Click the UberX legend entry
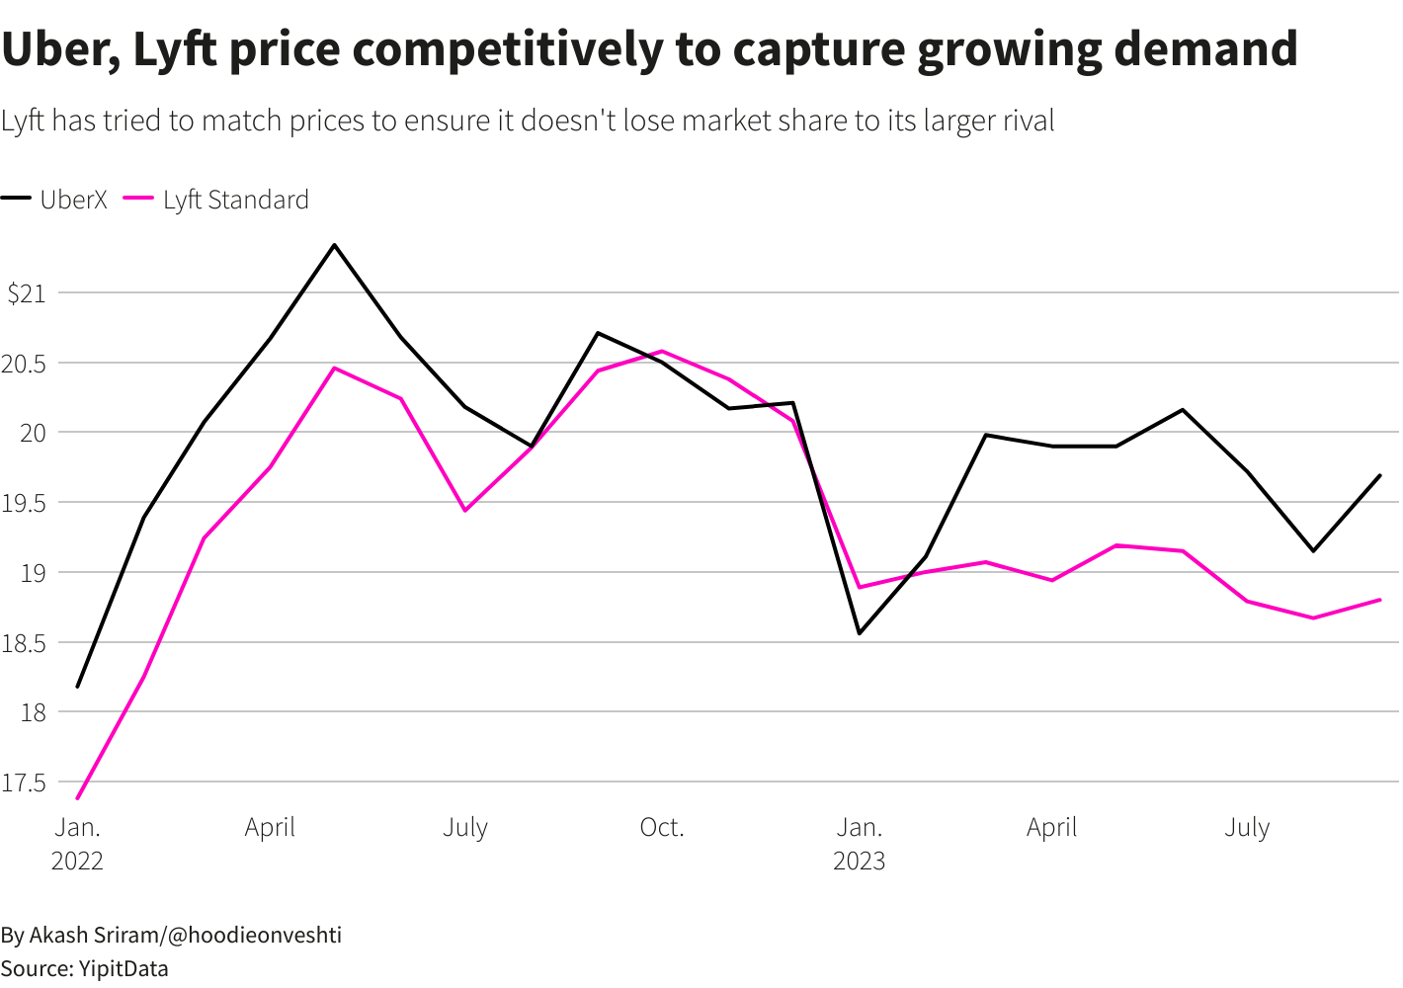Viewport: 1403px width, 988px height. pyautogui.click(x=54, y=200)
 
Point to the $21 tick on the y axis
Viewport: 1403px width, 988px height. pyautogui.click(x=27, y=293)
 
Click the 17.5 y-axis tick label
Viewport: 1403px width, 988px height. pyautogui.click(x=24, y=783)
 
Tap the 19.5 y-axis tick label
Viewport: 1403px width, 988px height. pyautogui.click(x=24, y=503)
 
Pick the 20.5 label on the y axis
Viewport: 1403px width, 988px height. pyautogui.click(x=24, y=364)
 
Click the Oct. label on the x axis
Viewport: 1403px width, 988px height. pyautogui.click(x=661, y=828)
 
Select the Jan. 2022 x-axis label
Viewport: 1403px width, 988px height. pyautogui.click(x=77, y=843)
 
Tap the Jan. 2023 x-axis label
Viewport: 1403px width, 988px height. pyautogui.click(x=859, y=843)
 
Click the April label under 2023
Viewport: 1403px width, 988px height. pyautogui.click(x=1051, y=828)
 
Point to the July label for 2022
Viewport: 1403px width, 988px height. pyautogui.click(x=465, y=828)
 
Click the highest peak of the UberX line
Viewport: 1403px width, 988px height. pyautogui.click(x=334, y=245)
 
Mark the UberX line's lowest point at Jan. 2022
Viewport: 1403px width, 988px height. pyautogui.click(x=78, y=686)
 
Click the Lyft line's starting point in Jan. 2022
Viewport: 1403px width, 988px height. pyautogui.click(x=78, y=797)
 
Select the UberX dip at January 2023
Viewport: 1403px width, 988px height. pyautogui.click(x=860, y=632)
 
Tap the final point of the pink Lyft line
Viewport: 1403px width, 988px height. pyautogui.click(x=1379, y=600)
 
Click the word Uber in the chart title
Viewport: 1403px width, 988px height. pyautogui.click(x=58, y=49)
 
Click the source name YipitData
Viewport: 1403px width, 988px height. pyautogui.click(x=123, y=968)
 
